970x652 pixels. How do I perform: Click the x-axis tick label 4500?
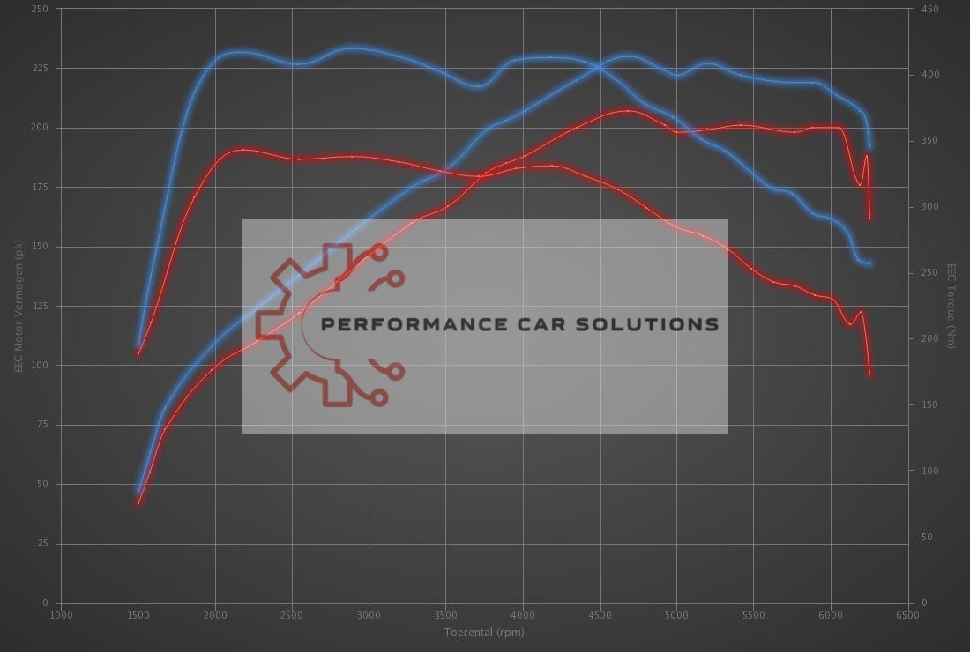click(600, 615)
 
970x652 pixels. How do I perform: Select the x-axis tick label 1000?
click(61, 615)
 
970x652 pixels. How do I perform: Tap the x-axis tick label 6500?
click(907, 615)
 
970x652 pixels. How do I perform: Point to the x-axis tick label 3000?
click(369, 615)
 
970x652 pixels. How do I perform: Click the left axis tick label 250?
click(41, 9)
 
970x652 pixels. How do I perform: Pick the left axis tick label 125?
click(41, 306)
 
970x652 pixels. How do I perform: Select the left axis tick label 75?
click(42, 425)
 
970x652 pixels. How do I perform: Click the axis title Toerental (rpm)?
click(484, 632)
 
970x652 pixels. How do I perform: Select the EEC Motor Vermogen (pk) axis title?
click(18, 305)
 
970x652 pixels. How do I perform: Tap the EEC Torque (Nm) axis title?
click(951, 305)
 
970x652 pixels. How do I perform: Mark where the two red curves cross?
click(481, 175)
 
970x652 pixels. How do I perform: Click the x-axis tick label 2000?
click(215, 615)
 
